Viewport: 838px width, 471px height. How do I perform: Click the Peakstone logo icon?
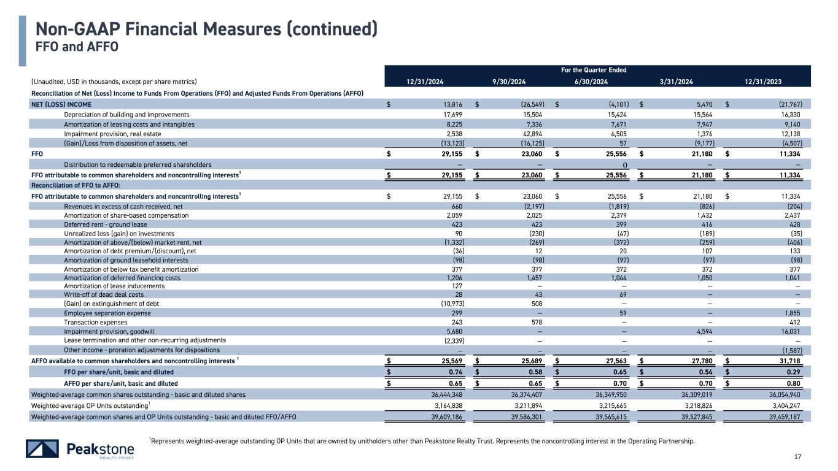tap(42, 449)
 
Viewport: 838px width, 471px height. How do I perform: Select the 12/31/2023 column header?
tap(764, 82)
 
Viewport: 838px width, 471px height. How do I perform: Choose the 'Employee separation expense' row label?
tap(104, 313)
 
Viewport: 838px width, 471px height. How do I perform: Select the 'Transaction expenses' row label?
tap(96, 322)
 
